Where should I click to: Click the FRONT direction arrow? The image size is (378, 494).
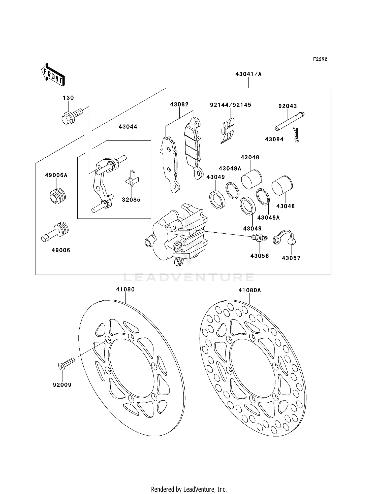point(53,75)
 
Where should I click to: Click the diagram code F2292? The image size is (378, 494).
point(320,59)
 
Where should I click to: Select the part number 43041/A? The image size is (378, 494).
point(248,74)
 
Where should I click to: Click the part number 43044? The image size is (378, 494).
point(128,127)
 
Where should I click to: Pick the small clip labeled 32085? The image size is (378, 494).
point(132,179)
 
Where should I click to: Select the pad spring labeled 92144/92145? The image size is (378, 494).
point(228,131)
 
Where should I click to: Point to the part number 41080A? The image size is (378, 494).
point(250,290)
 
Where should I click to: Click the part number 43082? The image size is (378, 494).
point(179,104)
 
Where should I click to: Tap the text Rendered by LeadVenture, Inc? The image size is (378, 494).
point(189,489)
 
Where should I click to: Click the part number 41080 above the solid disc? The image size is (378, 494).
point(125,290)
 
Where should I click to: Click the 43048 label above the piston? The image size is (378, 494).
point(250,157)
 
